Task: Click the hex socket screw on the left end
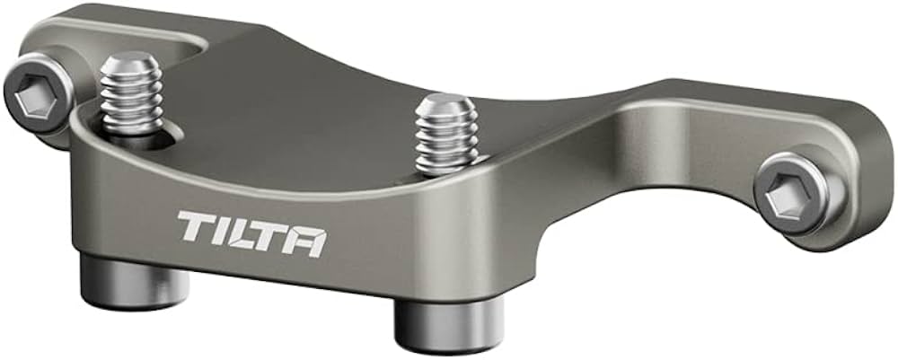point(39,93)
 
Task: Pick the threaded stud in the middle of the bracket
point(445,135)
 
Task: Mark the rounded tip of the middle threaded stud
point(446,103)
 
